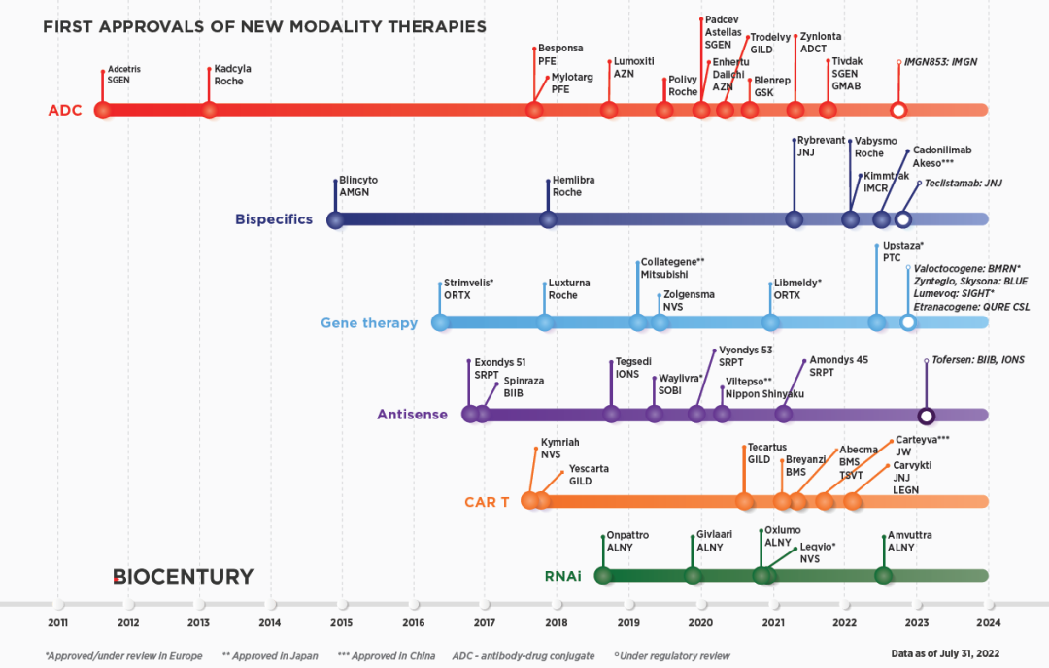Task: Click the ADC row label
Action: [x=65, y=111]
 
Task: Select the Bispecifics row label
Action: [x=274, y=219]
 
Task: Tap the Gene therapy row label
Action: [x=369, y=323]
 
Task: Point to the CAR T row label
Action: [x=487, y=502]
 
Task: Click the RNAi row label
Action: [x=562, y=576]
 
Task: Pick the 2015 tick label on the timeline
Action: [x=341, y=623]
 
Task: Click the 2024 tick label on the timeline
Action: [x=988, y=623]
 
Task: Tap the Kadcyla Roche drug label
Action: [x=229, y=76]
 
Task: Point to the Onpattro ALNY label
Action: [x=626, y=541]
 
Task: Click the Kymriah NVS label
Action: [x=559, y=448]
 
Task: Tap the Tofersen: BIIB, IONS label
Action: [x=978, y=360]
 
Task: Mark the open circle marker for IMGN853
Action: [x=898, y=111]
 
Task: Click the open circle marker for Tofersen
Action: [x=927, y=416]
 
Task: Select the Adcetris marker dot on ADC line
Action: [x=103, y=110]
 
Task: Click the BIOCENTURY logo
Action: [x=183, y=577]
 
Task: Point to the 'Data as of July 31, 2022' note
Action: [x=945, y=655]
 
